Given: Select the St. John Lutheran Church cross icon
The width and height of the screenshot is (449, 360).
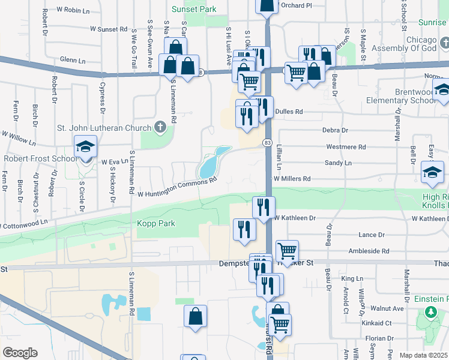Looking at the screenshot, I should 159,127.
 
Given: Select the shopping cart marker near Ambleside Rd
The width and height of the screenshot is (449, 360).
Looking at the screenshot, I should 288,251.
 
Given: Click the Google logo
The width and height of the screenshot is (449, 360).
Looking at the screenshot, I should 20,352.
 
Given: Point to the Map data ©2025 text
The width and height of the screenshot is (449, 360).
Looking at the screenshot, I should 424,355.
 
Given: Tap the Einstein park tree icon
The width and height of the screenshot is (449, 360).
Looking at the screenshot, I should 430,312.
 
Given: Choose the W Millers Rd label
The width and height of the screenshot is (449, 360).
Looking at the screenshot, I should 292,179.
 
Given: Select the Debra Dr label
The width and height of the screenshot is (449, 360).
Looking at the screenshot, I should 336,130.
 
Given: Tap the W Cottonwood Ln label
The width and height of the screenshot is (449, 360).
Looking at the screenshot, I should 24,225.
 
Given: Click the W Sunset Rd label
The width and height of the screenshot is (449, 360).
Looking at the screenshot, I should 109,28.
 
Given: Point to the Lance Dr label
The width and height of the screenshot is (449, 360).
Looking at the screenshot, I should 371,235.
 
